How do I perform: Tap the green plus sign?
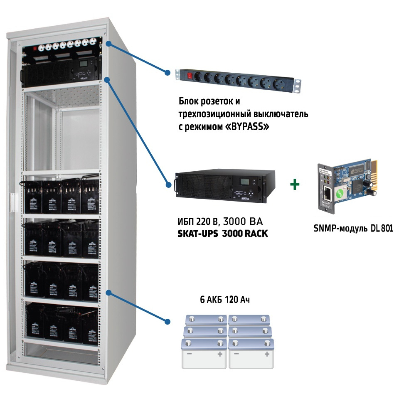295,185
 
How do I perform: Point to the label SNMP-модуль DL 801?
353,228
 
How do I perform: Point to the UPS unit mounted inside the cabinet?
60,72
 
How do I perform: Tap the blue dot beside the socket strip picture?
167,72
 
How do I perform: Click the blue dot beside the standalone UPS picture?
167,184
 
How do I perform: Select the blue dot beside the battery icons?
167,322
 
